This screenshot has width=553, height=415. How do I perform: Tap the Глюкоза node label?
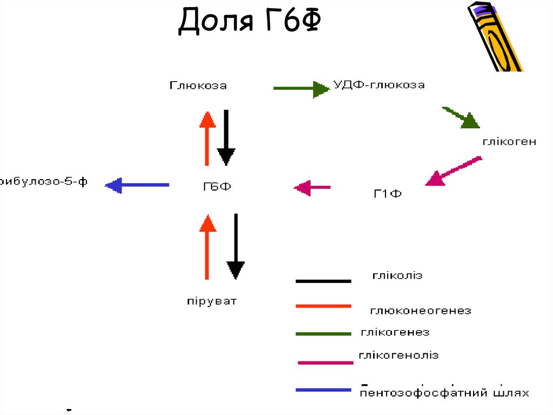coord(198,85)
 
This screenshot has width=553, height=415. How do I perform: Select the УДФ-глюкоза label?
coord(379,85)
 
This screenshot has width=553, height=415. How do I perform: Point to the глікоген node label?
coord(509,142)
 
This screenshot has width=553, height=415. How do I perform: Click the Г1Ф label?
coord(387,193)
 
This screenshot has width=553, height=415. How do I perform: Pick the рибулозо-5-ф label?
coord(43,182)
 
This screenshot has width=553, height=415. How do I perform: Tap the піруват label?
coord(212,301)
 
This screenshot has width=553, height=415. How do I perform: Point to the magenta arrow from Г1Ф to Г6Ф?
coord(312,188)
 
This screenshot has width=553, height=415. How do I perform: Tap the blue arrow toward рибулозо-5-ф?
coord(137,185)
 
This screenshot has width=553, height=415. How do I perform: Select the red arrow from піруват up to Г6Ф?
coord(207,246)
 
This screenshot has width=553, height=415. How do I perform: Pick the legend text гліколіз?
coord(397,276)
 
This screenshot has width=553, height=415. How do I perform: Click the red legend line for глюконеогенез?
coord(323,306)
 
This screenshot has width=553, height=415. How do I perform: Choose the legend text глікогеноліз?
coord(399,355)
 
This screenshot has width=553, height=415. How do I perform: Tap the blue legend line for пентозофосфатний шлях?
coord(323,390)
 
